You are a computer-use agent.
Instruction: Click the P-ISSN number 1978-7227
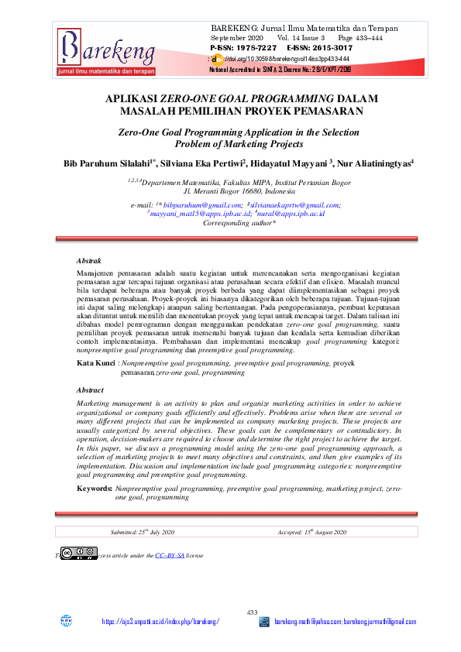(x=243, y=48)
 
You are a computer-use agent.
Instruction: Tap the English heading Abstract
(x=91, y=390)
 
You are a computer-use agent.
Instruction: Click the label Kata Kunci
(x=95, y=362)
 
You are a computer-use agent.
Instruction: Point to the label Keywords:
(x=95, y=489)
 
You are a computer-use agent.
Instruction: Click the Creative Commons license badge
(x=80, y=553)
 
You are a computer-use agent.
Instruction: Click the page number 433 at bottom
(x=252, y=613)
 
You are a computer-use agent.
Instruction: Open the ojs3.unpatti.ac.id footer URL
(x=160, y=622)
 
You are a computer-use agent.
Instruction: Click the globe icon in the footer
(x=66, y=621)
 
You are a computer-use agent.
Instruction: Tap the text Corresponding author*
(x=239, y=222)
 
